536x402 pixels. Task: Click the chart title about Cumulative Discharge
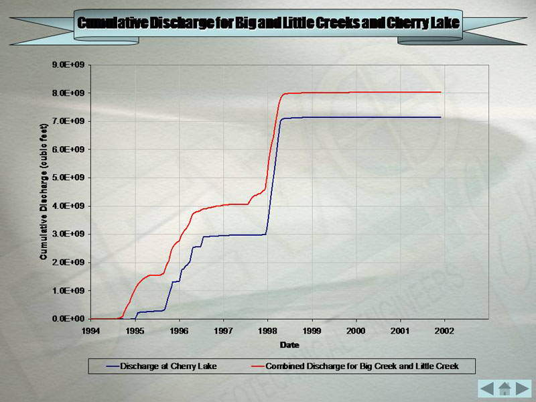tap(268, 23)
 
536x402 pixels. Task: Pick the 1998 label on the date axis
tap(267, 331)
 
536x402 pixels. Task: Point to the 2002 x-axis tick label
tap(444, 331)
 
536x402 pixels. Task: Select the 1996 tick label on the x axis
tap(179, 331)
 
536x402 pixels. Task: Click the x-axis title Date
tap(289, 345)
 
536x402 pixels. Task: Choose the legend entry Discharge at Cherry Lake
tap(168, 366)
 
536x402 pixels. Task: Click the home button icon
tap(505, 388)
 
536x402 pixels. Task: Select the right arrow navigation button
tap(522, 388)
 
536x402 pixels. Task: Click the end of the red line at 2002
tap(440, 92)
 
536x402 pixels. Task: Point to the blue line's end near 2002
tap(440, 117)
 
